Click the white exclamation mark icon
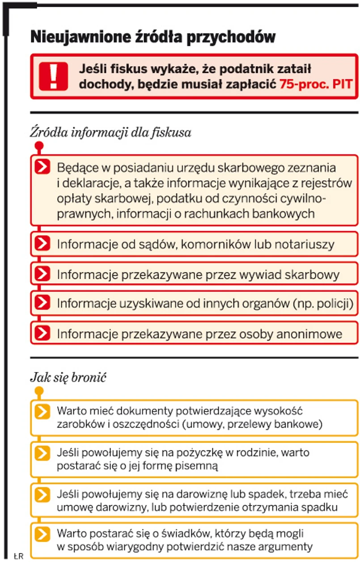pyautogui.click(x=53, y=76)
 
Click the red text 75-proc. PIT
pyautogui.click(x=316, y=84)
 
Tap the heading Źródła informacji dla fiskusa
pyautogui.click(x=110, y=133)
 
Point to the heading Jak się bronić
pyautogui.click(x=68, y=377)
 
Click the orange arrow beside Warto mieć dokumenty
pyautogui.click(x=42, y=411)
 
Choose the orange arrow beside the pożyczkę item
pyautogui.click(x=42, y=453)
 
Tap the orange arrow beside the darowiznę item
pyautogui.click(x=42, y=494)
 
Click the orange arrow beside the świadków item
pyautogui.click(x=42, y=534)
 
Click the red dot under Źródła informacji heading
pyautogui.click(x=39, y=145)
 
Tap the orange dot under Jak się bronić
pyautogui.click(x=39, y=390)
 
